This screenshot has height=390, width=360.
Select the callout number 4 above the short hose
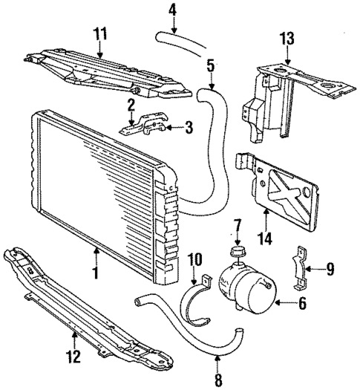pyautogui.click(x=172, y=10)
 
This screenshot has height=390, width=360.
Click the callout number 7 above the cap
pyautogui.click(x=238, y=224)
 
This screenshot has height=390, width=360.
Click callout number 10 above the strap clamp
pyautogui.click(x=196, y=259)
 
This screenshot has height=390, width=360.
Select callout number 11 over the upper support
pyautogui.click(x=100, y=33)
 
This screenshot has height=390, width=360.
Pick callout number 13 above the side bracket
pyautogui.click(x=287, y=38)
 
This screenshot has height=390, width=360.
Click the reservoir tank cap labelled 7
pyautogui.click(x=238, y=254)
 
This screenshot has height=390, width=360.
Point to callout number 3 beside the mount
pyautogui.click(x=189, y=129)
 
